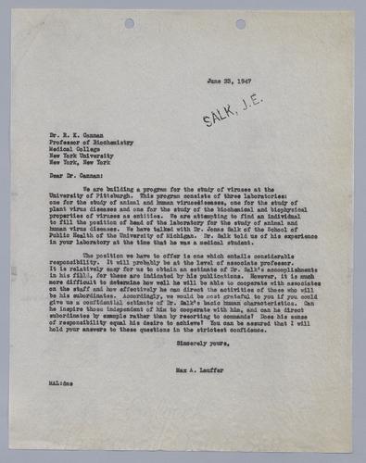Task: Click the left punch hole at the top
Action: [130, 22]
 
